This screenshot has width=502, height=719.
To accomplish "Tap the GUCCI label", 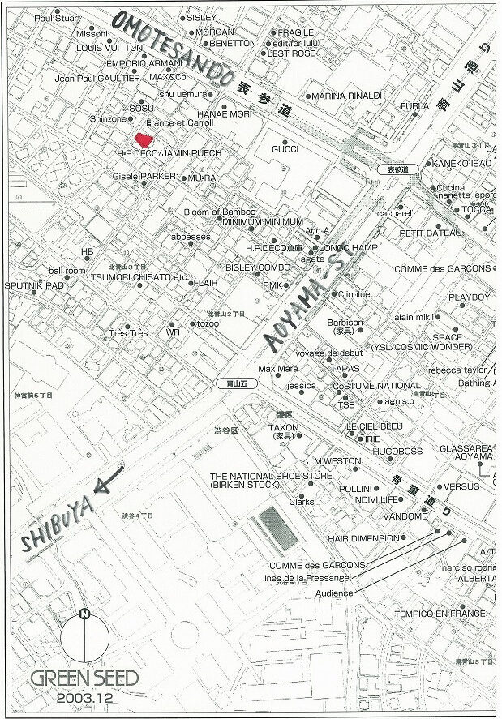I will [285, 149].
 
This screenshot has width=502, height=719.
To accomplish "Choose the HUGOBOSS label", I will [391, 450].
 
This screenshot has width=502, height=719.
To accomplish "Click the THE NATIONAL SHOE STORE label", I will [271, 476].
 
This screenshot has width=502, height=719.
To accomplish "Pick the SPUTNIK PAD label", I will [34, 286].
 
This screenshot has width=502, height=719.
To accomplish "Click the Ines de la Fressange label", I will [307, 578].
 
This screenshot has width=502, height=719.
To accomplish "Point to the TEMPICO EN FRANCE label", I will [440, 614].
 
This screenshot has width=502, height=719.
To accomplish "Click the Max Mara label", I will [278, 369].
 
